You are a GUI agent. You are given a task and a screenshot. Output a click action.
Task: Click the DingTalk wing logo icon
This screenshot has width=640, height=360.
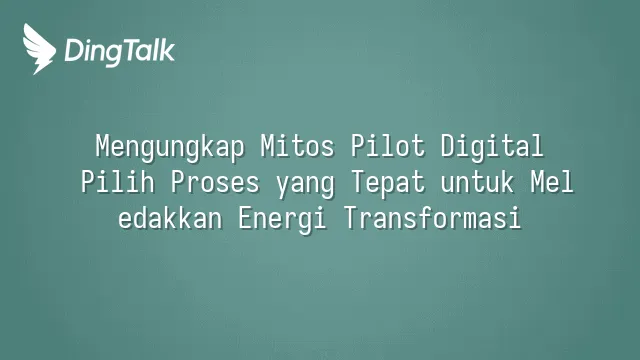pos(39,49)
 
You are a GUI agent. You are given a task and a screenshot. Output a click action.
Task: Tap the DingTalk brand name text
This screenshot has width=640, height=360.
pos(120,52)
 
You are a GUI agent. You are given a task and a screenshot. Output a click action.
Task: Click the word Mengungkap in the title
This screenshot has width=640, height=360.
pos(170,147)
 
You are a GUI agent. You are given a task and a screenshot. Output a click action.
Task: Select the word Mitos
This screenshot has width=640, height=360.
pos(298,146)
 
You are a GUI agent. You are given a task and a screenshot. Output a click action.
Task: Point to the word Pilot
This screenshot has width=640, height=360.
pos(388,146)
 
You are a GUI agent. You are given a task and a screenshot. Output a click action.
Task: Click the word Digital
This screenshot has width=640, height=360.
pos(492,147)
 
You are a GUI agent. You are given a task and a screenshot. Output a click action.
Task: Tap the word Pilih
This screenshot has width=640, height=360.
pos(118,182)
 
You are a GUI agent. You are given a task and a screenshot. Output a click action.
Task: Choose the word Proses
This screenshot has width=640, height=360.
pos(215,182)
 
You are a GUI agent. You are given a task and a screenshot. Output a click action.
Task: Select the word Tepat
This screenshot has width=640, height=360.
pos(388,183)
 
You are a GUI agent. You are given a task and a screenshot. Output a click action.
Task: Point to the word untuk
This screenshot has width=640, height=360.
pos(477,182)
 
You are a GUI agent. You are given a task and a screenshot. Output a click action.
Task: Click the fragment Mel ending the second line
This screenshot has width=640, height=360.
pos(552,182)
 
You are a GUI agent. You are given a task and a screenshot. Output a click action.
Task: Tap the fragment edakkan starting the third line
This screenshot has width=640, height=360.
pos(170,218)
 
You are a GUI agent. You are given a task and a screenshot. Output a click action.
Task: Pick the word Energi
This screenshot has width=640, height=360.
pos(282,219)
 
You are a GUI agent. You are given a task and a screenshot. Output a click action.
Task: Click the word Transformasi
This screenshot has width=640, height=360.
pos(433,218)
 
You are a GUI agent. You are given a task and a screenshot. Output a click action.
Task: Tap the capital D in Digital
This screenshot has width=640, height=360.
pos(448,146)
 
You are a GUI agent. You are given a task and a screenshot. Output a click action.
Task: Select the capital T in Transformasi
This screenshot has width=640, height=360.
pos(351,218)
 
